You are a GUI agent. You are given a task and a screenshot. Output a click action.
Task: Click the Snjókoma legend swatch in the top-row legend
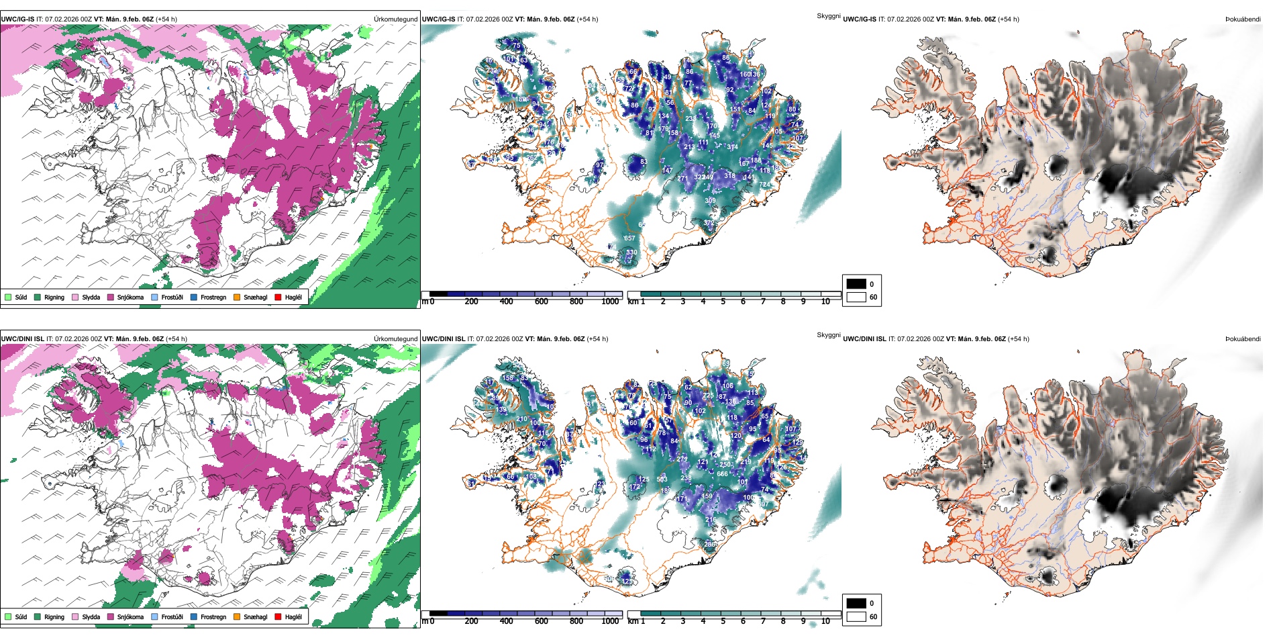pyautogui.click(x=111, y=297)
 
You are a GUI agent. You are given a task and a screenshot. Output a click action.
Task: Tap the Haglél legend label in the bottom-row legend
pyautogui.click(x=293, y=617)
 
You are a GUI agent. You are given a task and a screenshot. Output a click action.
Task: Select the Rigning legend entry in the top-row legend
pyautogui.click(x=54, y=297)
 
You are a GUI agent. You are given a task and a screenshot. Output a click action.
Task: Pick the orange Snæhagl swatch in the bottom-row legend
pyautogui.click(x=237, y=617)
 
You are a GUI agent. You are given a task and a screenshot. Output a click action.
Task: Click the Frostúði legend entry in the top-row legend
pyautogui.click(x=172, y=297)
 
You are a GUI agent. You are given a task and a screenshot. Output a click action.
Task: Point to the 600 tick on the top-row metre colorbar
pyautogui.click(x=541, y=302)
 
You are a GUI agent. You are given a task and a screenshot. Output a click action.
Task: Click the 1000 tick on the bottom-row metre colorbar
pyautogui.click(x=610, y=621)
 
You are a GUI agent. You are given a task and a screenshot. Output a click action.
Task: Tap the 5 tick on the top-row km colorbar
pyautogui.click(x=723, y=302)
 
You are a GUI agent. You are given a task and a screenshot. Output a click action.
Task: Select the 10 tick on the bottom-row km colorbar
pyautogui.click(x=825, y=621)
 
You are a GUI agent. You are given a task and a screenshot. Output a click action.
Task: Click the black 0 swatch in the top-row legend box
pyautogui.click(x=856, y=284)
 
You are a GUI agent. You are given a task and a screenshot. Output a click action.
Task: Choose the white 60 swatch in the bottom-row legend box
pyautogui.click(x=856, y=617)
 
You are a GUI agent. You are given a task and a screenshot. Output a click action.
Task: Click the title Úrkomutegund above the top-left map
pyautogui.click(x=395, y=19)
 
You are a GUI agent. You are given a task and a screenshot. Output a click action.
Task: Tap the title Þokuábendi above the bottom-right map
pyautogui.click(x=1243, y=339)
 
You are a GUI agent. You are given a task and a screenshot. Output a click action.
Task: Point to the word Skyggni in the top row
pyautogui.click(x=828, y=15)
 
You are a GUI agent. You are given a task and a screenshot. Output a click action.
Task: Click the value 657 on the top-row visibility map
pyautogui.click(x=629, y=238)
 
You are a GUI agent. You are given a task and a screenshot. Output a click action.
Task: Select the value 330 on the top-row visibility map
pyautogui.click(x=631, y=253)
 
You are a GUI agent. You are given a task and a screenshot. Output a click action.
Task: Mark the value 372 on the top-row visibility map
pyautogui.click(x=709, y=223)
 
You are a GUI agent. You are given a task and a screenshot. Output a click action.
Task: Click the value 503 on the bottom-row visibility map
pyautogui.click(x=662, y=480)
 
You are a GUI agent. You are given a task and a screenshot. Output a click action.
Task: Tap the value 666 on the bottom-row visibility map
pyautogui.click(x=722, y=474)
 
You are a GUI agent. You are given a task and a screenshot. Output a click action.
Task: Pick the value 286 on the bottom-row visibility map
pyautogui.click(x=710, y=545)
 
